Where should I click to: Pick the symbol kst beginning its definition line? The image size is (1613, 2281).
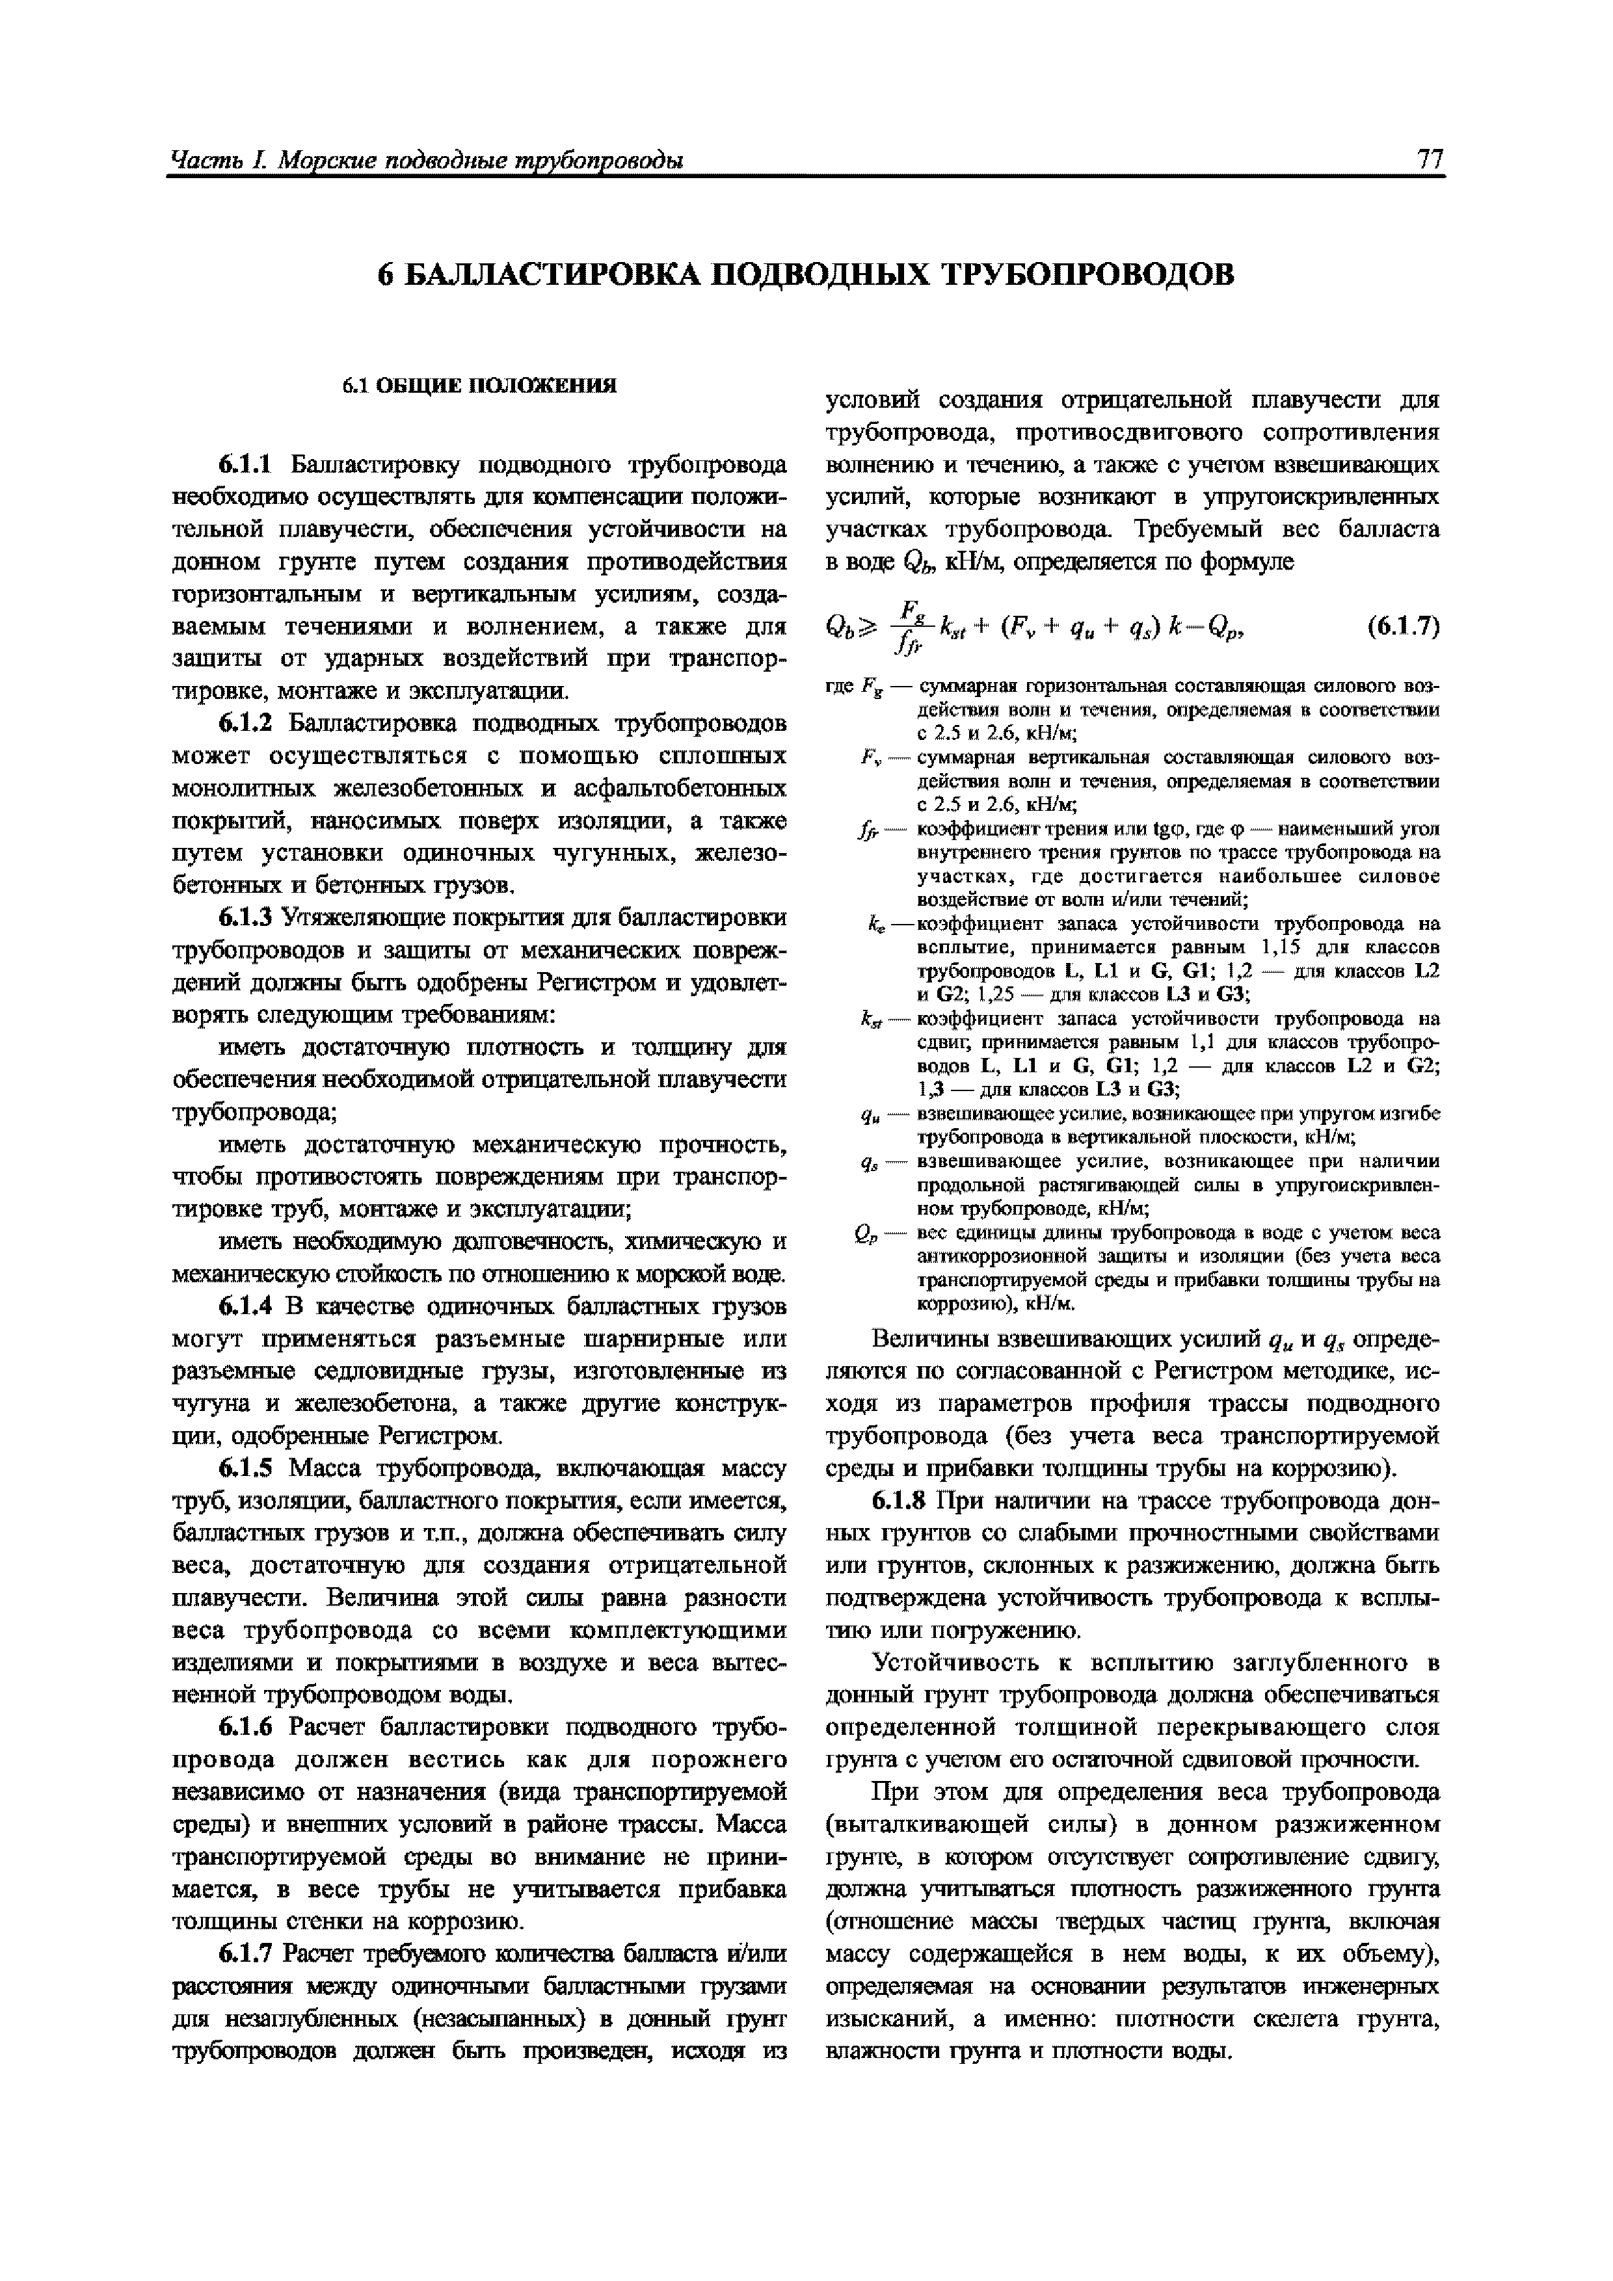tap(873, 1020)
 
